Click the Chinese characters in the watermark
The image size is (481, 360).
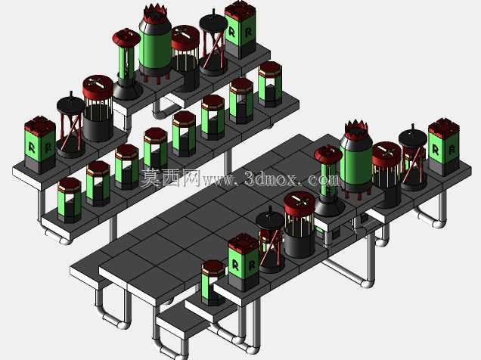[x=171, y=178]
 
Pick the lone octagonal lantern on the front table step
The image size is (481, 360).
[x=213, y=283]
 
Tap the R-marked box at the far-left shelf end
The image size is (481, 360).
[x=40, y=144]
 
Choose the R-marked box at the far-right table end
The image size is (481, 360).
[x=444, y=147]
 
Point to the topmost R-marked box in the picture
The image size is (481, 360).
[x=240, y=29]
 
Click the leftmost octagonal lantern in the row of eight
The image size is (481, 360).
[x=70, y=200]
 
